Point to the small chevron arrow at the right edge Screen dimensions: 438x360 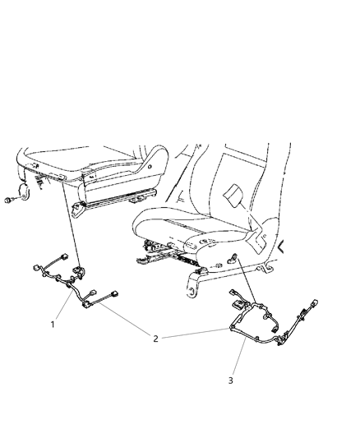coord(283,246)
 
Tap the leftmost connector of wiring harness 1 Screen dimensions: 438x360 coord(37,267)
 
